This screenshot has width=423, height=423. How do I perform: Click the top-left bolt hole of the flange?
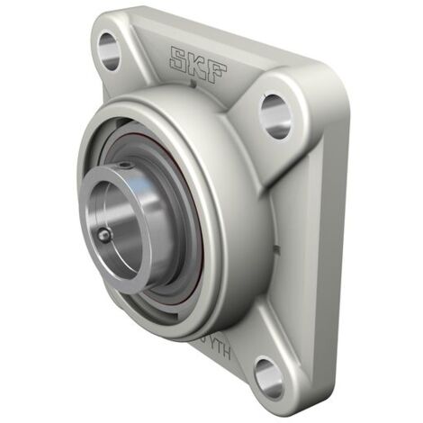[x=109, y=50]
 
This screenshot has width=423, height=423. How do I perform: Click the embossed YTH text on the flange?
[x=217, y=349]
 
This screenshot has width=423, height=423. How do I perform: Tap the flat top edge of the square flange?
[x=225, y=31]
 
